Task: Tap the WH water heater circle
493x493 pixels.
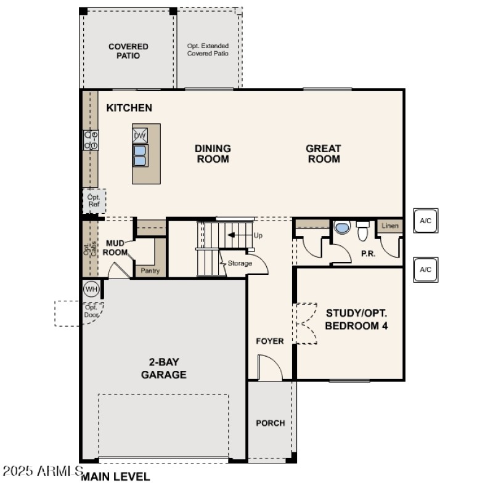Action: click(x=91, y=289)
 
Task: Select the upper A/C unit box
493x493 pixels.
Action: click(x=425, y=221)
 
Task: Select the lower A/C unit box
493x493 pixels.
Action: click(x=425, y=269)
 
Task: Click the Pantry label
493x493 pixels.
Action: click(x=150, y=271)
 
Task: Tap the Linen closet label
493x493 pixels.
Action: click(x=390, y=226)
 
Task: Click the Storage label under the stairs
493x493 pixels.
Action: click(x=240, y=263)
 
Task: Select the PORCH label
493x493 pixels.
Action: click(x=271, y=423)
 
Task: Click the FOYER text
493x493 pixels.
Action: click(x=270, y=341)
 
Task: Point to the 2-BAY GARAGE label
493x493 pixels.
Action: click(x=163, y=369)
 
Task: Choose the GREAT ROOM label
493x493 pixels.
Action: click(x=323, y=153)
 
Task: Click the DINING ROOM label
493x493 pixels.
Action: click(x=213, y=153)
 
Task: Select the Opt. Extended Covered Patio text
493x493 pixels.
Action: click(x=208, y=50)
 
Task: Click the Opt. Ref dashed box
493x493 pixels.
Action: click(x=94, y=200)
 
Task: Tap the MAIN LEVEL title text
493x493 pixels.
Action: click(x=115, y=476)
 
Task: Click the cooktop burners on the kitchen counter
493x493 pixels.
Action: click(x=91, y=140)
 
